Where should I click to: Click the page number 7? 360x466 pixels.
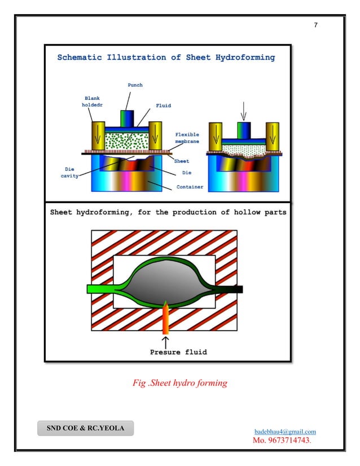click(x=316, y=25)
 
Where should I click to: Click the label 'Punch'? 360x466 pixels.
click(x=134, y=85)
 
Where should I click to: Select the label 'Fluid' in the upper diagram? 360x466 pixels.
click(x=163, y=105)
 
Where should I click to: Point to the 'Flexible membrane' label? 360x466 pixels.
click(x=187, y=138)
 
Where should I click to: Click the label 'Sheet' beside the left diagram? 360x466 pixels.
click(x=181, y=161)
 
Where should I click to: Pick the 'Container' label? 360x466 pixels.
click(x=190, y=186)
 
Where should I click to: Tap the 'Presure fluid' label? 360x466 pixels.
click(x=178, y=352)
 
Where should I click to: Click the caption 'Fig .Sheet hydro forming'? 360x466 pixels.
click(x=179, y=383)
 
